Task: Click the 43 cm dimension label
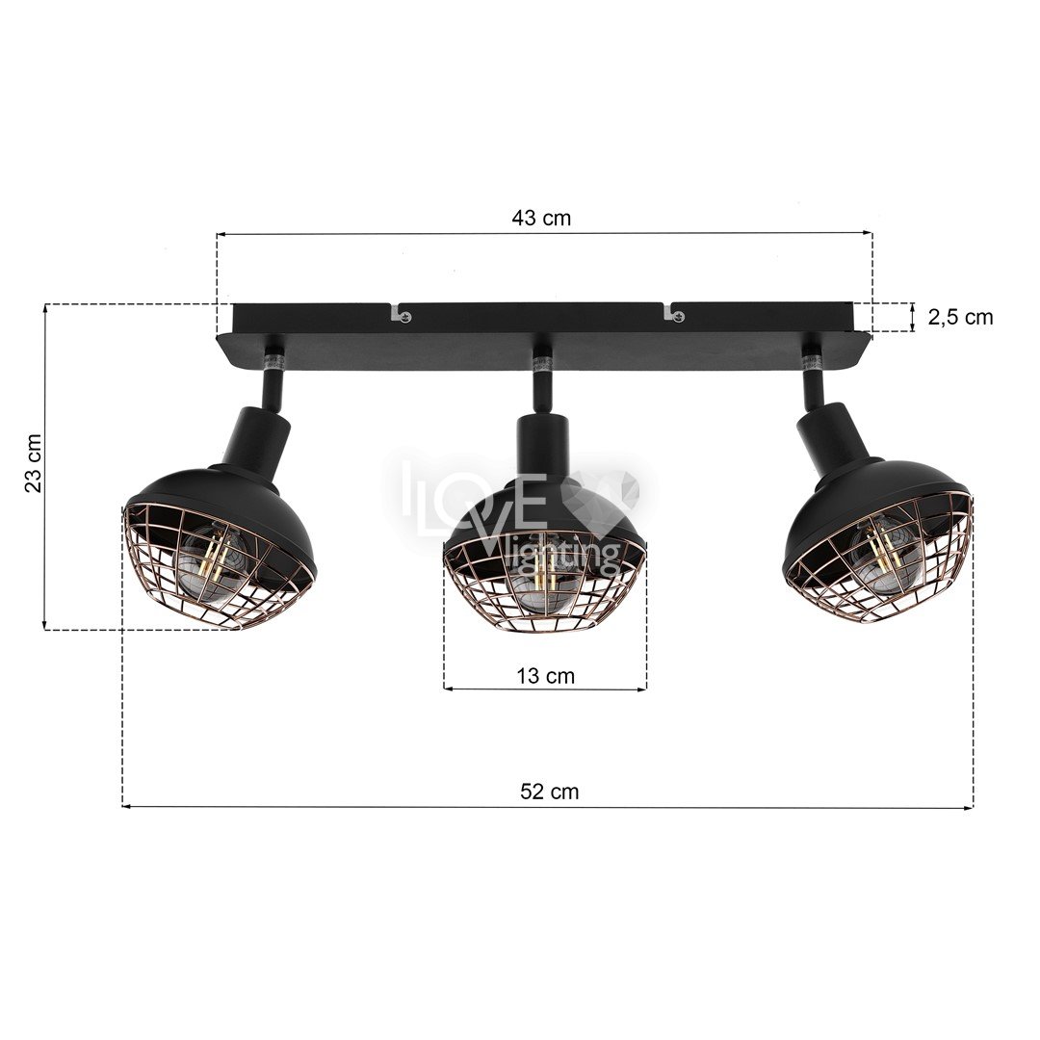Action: tap(540, 218)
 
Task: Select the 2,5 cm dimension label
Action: tap(960, 318)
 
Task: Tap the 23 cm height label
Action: tap(33, 463)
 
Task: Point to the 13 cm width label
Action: tap(545, 676)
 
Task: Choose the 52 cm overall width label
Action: tap(549, 792)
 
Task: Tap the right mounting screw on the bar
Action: tap(677, 316)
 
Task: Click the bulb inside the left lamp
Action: tap(210, 561)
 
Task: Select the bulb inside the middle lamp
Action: tap(545, 576)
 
